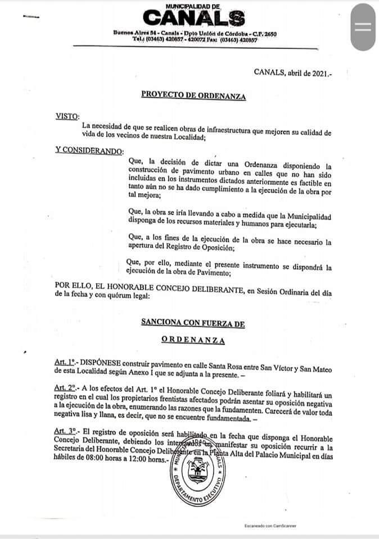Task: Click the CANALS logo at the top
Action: pos(195,19)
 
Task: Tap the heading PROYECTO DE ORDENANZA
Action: pos(193,96)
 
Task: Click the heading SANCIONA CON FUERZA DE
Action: pos(193,324)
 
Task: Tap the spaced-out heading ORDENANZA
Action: pos(193,340)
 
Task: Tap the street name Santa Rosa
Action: pos(230,363)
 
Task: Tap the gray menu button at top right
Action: pos(363,26)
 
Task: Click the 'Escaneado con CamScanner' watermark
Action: pos(270,526)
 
